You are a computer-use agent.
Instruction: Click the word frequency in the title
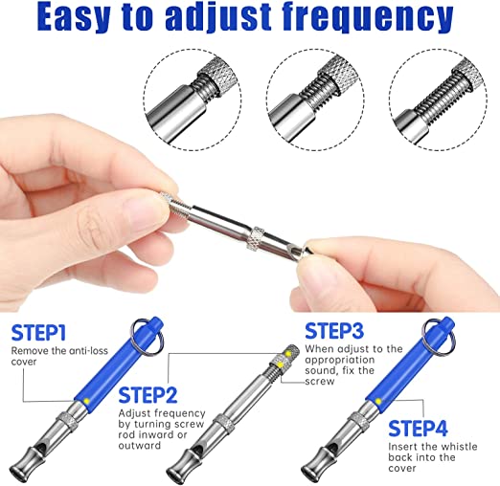click(x=367, y=16)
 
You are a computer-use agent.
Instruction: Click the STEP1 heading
click(x=38, y=333)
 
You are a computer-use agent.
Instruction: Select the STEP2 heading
click(x=148, y=395)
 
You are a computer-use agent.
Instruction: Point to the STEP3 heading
click(x=334, y=331)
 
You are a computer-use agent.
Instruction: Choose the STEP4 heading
click(x=418, y=429)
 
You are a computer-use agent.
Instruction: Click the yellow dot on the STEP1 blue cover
click(x=86, y=401)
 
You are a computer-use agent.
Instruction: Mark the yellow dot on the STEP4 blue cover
click(x=378, y=401)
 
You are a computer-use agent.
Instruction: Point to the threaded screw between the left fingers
click(x=178, y=205)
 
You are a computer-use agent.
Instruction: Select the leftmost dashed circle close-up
click(x=193, y=99)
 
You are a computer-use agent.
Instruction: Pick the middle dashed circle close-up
click(x=315, y=99)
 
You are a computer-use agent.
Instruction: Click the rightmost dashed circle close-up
click(x=438, y=99)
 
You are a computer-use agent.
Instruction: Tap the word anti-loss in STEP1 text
click(x=88, y=351)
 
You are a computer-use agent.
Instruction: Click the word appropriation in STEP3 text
click(x=340, y=361)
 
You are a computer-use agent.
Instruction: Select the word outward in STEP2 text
click(x=140, y=445)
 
